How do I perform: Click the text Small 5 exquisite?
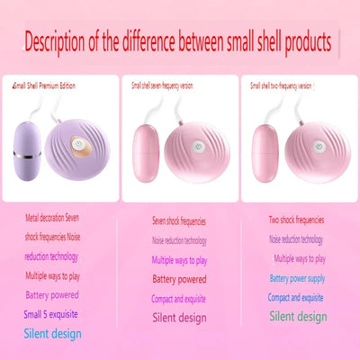coord(50,314)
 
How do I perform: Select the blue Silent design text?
coord(53,333)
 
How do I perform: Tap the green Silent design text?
coord(297,316)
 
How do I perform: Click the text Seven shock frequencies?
coord(178,220)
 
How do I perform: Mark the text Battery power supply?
coord(297,278)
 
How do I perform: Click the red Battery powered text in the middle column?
coord(178,279)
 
